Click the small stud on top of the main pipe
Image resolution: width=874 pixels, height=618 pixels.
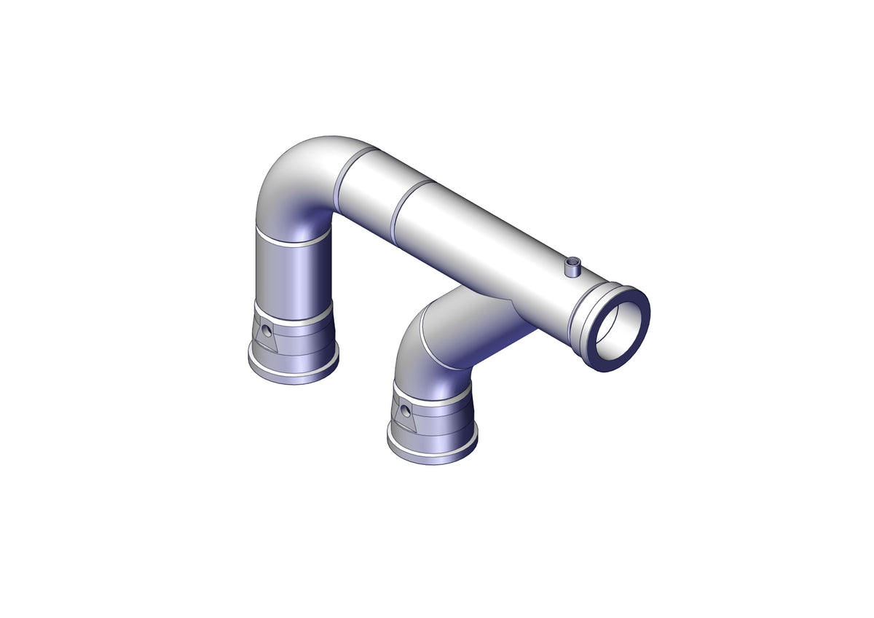point(574,267)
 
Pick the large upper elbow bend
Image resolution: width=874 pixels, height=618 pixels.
point(295,186)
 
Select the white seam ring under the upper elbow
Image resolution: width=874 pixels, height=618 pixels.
point(291,240)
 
